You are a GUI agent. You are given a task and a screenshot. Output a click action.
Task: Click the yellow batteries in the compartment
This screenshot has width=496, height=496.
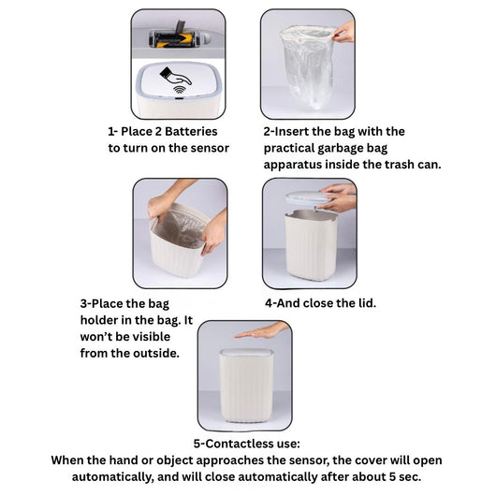tap(175, 40)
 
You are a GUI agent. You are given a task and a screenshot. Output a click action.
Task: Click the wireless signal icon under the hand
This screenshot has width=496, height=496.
tap(180, 90)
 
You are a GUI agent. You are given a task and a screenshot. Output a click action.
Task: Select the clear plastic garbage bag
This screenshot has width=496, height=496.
tap(308, 66)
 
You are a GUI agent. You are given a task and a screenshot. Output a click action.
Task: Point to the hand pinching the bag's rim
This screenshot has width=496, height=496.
tap(344, 32)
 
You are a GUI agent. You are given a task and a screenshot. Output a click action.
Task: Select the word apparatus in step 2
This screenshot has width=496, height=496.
tap(293, 165)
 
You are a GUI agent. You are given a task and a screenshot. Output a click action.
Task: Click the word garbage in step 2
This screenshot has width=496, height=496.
tap(340, 149)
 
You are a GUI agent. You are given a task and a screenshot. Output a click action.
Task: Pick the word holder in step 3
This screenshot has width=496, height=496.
tap(99, 320)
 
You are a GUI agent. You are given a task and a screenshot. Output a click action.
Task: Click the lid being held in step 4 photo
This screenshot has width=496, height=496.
tap(306, 199)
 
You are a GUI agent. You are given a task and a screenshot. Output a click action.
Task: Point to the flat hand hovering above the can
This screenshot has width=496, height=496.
tap(261, 331)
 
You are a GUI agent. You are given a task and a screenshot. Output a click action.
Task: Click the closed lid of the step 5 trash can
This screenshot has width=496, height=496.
tap(246, 353)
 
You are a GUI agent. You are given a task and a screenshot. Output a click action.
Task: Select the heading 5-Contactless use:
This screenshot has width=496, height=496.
tap(247, 444)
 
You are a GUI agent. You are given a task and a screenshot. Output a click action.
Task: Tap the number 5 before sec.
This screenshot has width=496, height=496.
tap(392, 476)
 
